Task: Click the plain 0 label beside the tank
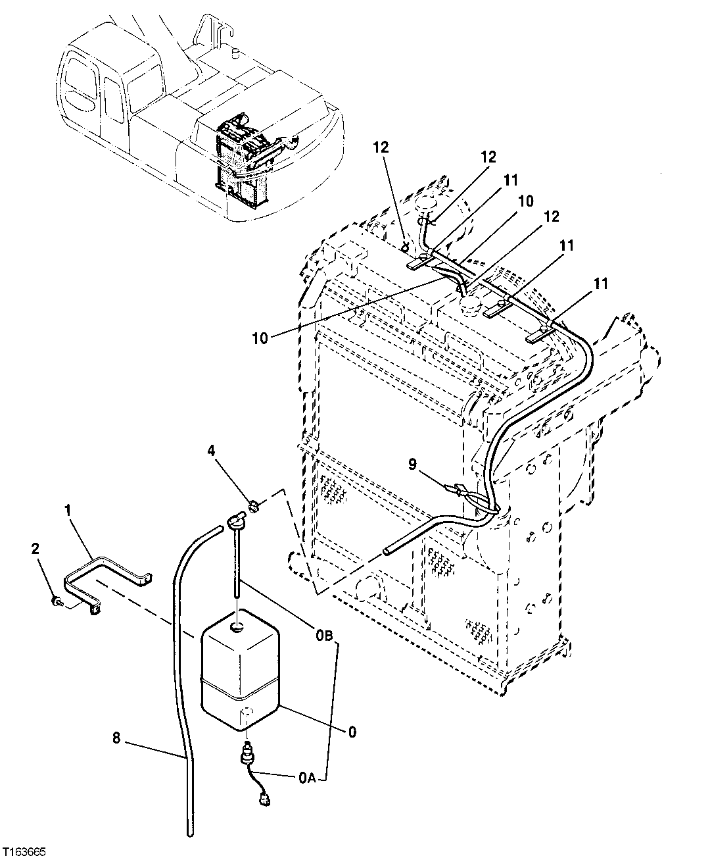(x=352, y=731)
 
